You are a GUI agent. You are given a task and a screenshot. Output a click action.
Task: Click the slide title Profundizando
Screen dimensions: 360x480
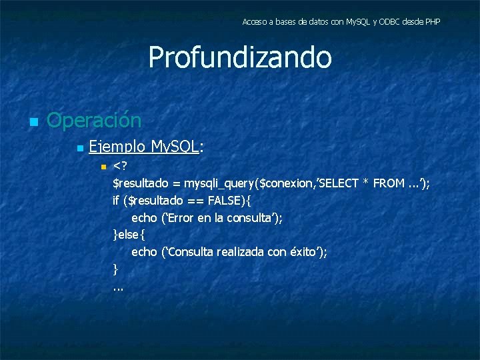click(x=239, y=57)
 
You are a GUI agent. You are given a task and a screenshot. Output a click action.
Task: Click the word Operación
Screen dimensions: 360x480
click(x=94, y=121)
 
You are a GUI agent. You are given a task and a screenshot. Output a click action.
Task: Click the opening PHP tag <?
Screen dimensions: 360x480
click(x=121, y=165)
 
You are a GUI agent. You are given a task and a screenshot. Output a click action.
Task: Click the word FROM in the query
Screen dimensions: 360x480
click(x=389, y=183)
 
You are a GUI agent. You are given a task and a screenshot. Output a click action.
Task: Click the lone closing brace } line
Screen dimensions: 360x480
click(x=116, y=269)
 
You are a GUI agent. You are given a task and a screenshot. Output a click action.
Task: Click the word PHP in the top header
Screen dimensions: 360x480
click(x=431, y=22)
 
